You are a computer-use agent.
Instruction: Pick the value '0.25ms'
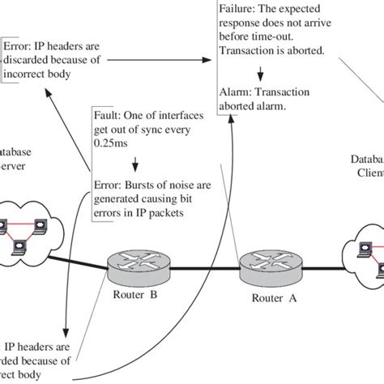pyautogui.click(x=113, y=150)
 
